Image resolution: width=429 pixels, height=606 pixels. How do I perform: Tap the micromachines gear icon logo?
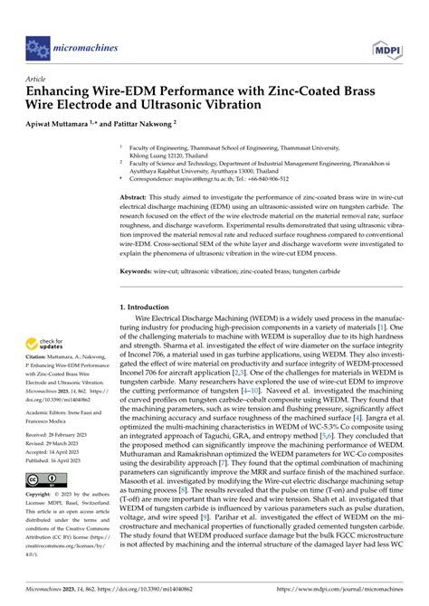click(38, 43)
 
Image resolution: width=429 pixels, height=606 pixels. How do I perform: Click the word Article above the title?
click(39, 79)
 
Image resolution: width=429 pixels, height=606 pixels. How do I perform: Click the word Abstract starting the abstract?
click(135, 195)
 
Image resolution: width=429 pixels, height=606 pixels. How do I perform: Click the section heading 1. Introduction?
click(148, 308)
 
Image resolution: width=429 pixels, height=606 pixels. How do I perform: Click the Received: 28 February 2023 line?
click(65, 460)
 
